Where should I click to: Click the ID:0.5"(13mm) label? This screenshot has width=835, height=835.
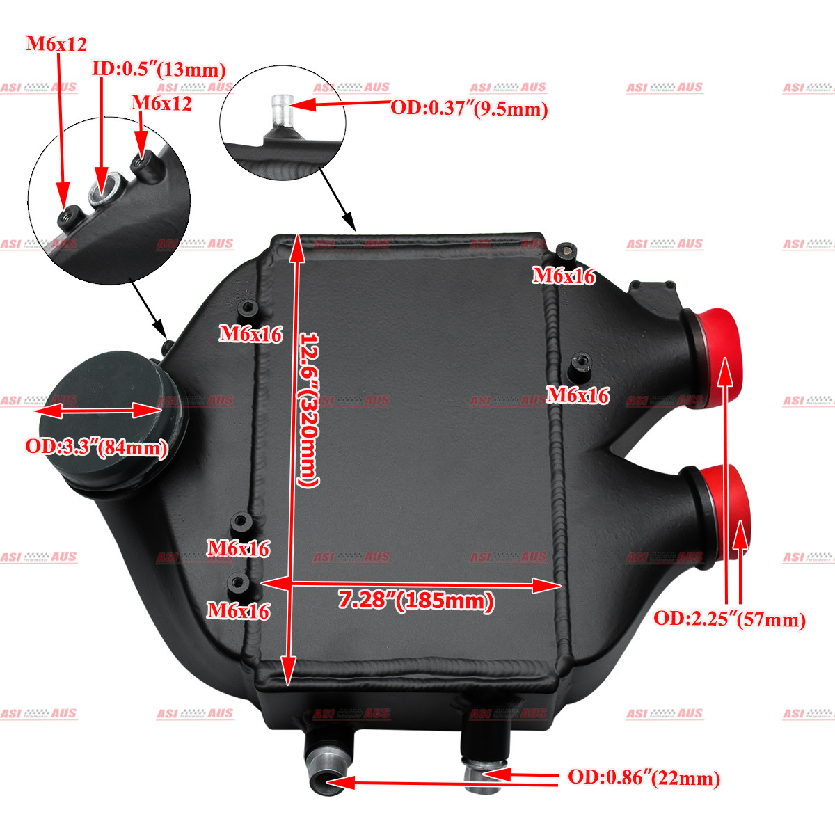159,70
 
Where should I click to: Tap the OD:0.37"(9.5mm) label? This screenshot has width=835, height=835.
469,109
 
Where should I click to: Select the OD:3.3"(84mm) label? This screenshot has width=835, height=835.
97,447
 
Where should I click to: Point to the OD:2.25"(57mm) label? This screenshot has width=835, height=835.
729,619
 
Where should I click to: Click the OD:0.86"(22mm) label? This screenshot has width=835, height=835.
644,778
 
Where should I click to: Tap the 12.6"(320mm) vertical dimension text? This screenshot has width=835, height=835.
308,409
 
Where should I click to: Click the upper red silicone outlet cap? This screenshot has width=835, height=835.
718,358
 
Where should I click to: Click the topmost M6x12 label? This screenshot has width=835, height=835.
56,44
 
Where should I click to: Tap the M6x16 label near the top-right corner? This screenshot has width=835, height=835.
564,276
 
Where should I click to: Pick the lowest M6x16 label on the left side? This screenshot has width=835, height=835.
239,611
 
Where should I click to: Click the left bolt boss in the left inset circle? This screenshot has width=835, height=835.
70,216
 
